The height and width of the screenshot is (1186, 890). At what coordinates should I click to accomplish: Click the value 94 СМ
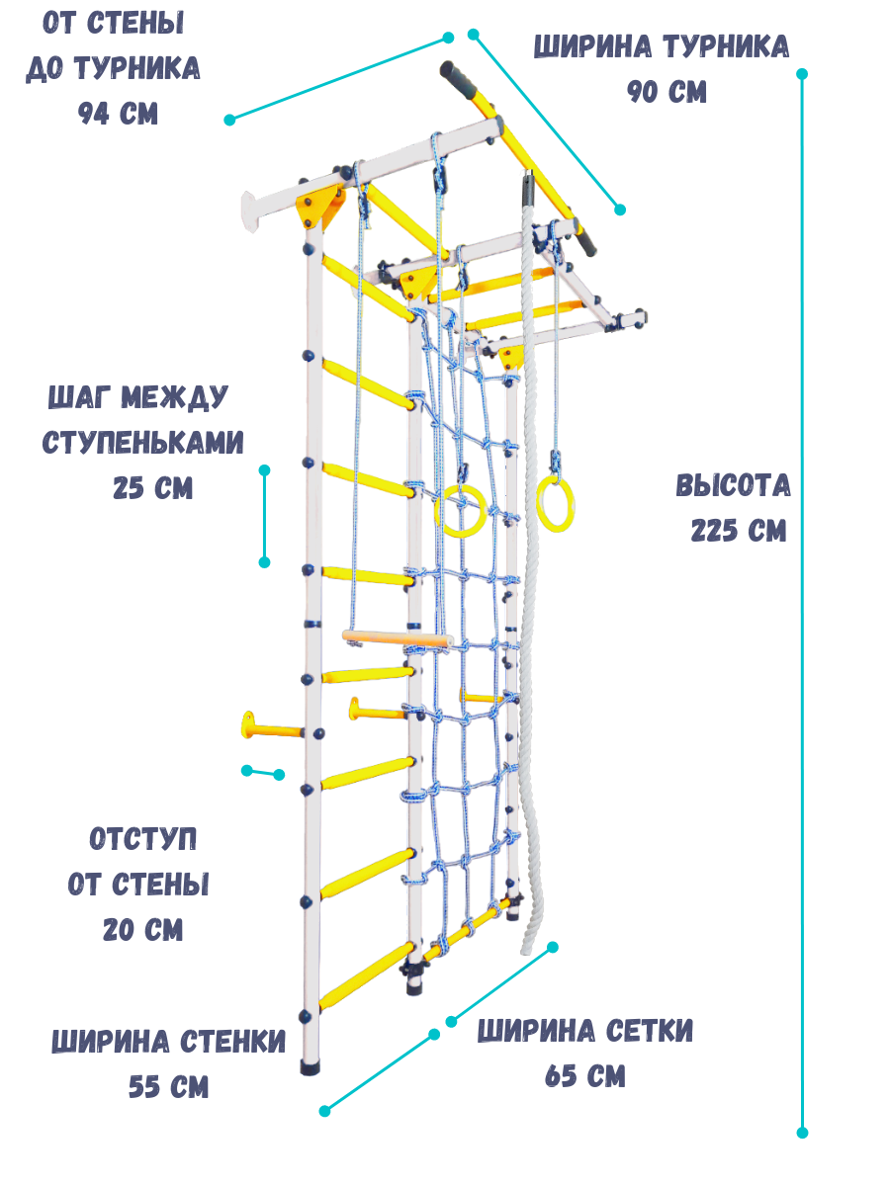(118, 114)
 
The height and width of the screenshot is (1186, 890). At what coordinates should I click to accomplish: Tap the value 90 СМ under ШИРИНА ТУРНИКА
(667, 92)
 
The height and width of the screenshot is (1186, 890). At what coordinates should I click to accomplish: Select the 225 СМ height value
(738, 531)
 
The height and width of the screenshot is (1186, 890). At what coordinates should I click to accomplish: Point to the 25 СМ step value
(152, 488)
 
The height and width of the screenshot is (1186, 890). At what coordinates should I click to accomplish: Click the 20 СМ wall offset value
(142, 930)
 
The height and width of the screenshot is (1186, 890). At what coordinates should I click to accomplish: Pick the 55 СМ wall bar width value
(168, 1087)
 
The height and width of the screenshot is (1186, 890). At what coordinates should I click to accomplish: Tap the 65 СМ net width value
(584, 1076)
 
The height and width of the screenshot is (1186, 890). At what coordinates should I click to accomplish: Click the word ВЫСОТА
(734, 486)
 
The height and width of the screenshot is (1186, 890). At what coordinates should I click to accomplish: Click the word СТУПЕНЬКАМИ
(142, 443)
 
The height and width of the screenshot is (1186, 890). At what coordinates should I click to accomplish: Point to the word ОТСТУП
(142, 840)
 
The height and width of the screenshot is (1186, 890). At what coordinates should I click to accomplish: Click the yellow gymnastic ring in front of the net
(459, 511)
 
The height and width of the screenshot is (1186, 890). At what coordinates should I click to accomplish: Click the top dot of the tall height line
(802, 74)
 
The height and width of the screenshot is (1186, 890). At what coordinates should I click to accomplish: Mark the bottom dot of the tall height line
(802, 1133)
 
